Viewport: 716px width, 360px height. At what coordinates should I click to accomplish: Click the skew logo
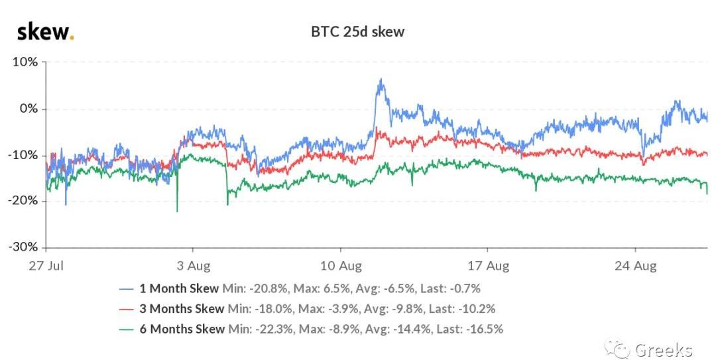[44, 31]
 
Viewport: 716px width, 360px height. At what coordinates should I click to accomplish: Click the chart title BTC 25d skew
[358, 31]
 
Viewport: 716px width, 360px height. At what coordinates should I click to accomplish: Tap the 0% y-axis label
[29, 109]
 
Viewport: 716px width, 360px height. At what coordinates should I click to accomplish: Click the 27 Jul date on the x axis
[46, 267]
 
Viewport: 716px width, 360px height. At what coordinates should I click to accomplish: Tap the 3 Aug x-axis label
[193, 267]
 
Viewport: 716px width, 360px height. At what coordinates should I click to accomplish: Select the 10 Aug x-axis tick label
[340, 267]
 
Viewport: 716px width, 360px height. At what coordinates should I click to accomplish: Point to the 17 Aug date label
[487, 267]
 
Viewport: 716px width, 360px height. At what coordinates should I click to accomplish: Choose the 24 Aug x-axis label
[635, 267]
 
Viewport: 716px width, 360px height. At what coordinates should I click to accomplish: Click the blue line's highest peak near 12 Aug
[381, 80]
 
